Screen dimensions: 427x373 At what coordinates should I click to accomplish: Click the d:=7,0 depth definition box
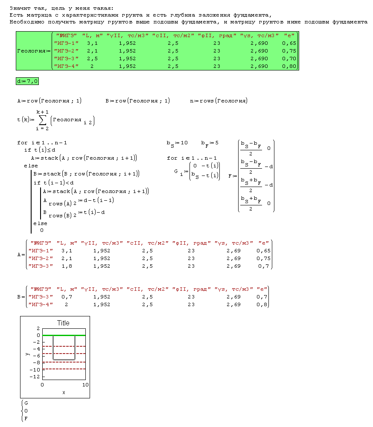27,81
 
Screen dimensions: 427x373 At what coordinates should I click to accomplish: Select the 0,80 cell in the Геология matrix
289,66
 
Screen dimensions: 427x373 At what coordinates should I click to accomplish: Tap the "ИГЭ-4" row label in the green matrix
66,66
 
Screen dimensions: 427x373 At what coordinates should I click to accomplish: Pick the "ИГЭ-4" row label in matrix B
41,304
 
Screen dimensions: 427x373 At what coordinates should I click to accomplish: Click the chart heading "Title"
63,323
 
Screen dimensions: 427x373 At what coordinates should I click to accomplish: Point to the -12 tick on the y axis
35,377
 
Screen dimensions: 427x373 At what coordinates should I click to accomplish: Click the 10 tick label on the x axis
85,385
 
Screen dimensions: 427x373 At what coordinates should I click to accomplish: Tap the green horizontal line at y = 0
64,335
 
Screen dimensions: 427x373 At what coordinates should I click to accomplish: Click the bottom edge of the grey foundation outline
64,360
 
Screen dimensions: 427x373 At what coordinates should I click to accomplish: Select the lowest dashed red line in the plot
64,369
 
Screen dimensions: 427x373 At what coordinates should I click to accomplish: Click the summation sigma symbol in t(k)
42,121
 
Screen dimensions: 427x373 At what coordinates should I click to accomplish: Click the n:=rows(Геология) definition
219,101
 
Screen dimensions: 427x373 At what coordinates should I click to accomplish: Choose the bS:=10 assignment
177,143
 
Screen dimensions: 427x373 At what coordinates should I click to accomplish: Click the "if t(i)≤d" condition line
40,150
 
